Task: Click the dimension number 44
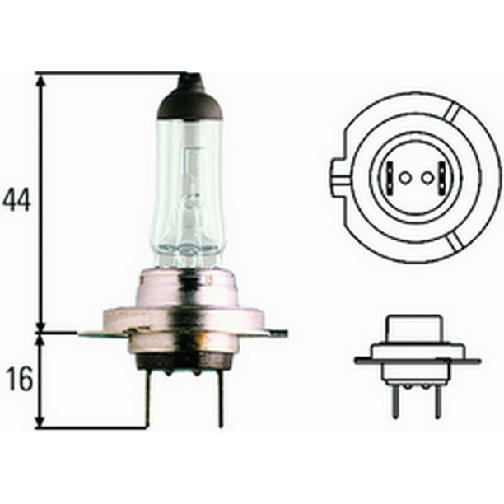click(x=16, y=200)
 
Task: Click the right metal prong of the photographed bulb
click(x=220, y=399)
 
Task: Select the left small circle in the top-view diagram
click(x=404, y=177)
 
